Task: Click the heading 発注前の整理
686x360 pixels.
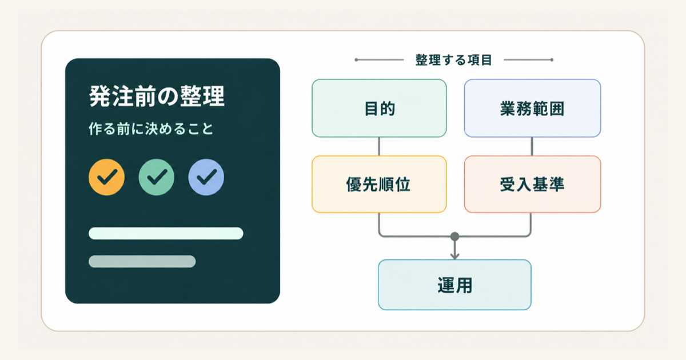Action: (x=157, y=96)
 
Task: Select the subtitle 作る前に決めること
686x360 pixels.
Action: (x=151, y=129)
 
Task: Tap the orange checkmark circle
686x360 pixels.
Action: (x=106, y=177)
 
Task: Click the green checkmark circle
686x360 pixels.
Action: (x=157, y=177)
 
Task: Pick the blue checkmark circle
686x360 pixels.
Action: (x=206, y=177)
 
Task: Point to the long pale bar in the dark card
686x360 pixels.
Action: (x=166, y=233)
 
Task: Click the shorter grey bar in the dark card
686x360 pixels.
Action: (x=142, y=262)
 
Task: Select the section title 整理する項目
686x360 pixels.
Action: (x=453, y=60)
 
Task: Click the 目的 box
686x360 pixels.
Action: (x=379, y=108)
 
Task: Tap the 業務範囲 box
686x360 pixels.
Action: (x=533, y=108)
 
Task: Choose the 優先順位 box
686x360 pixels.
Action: (x=379, y=184)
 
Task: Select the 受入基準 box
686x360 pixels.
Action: (x=533, y=184)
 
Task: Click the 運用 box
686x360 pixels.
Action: (x=455, y=285)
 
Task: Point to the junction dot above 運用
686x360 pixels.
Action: (x=455, y=237)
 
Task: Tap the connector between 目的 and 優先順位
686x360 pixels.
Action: (x=379, y=146)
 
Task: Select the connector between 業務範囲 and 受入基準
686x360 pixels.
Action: (x=532, y=146)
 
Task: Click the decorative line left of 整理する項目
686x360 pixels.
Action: (x=379, y=60)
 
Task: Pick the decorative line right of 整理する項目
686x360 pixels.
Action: (x=529, y=60)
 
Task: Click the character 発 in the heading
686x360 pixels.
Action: (x=100, y=96)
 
